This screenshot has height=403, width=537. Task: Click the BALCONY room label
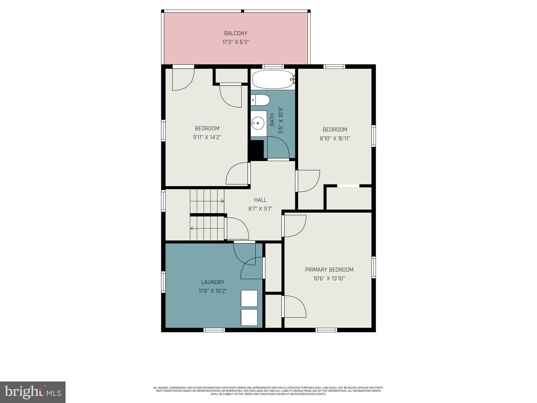click(235, 33)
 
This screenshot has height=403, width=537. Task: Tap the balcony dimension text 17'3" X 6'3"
click(235, 42)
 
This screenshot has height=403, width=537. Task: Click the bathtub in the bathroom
click(273, 79)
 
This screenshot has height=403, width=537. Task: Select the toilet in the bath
click(261, 100)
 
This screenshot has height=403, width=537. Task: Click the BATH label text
click(272, 120)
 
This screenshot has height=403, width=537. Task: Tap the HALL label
click(260, 200)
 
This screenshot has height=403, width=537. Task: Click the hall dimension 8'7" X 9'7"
click(260, 209)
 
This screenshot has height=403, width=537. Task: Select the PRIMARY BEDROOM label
click(329, 269)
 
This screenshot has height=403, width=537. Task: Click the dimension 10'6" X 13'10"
click(329, 278)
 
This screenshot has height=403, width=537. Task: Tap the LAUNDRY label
click(213, 282)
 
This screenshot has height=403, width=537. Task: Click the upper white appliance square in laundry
click(249, 298)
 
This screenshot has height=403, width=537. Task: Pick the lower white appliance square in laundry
click(249, 317)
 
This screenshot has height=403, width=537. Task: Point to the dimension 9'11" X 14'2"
click(207, 137)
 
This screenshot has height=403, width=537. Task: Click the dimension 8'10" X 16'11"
click(335, 138)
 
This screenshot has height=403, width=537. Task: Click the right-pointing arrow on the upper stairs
click(222, 201)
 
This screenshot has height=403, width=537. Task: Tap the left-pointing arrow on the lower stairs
click(192, 228)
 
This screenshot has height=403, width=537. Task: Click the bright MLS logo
click(33, 392)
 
